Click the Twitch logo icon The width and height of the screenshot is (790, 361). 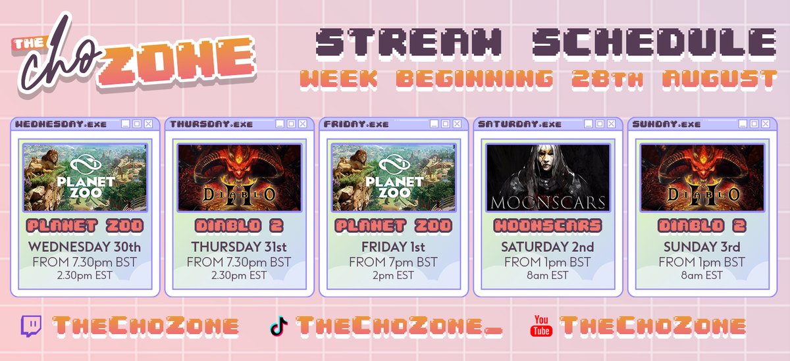click(x=32, y=325)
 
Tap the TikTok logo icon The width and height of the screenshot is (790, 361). click(x=279, y=325)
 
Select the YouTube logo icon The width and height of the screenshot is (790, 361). click(x=542, y=325)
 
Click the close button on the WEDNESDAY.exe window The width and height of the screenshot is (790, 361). click(x=148, y=124)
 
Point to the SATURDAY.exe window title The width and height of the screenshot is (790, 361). click(x=519, y=124)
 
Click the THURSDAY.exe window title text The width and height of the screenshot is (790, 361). click(x=211, y=124)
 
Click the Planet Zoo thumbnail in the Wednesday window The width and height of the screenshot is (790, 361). click(x=84, y=178)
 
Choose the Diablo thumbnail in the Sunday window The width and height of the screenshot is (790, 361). click(x=702, y=178)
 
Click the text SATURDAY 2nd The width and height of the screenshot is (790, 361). click(x=548, y=247)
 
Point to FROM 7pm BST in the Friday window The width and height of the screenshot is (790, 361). click(x=393, y=262)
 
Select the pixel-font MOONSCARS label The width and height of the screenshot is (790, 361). click(x=548, y=226)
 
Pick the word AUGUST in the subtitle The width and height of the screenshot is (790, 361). click(x=720, y=80)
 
